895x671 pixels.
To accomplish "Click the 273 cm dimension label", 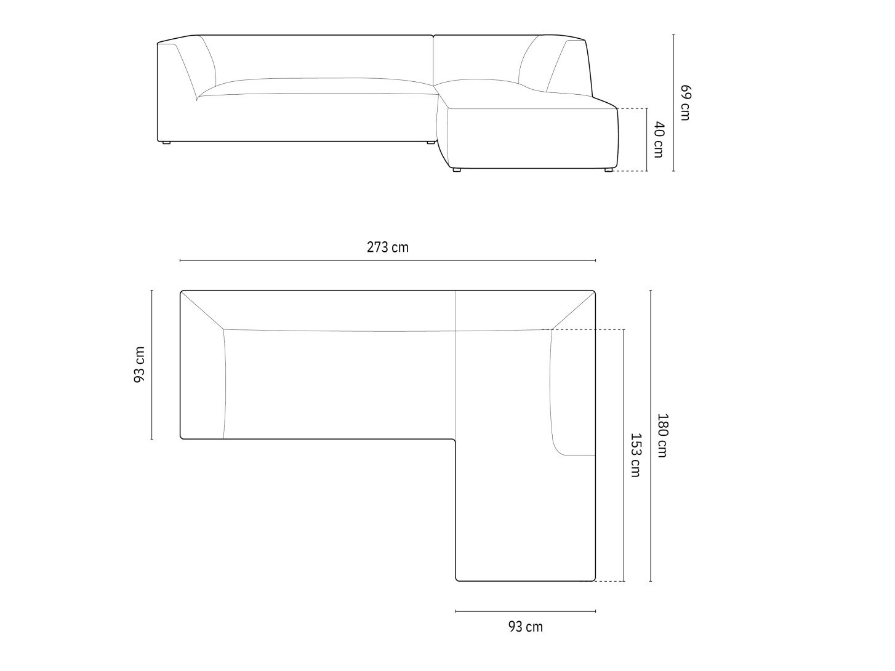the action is point(387,247).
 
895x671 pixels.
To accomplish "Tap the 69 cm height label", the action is point(685,102).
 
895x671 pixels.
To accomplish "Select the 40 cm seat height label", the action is point(659,139).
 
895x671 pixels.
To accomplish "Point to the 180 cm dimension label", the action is point(662,435).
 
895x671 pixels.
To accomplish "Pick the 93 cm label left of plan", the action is point(140,364).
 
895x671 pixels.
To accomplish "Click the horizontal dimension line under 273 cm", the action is point(388,260).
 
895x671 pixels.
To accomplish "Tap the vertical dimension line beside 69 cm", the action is point(673,103).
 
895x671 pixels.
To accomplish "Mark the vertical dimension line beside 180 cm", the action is point(651,436).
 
